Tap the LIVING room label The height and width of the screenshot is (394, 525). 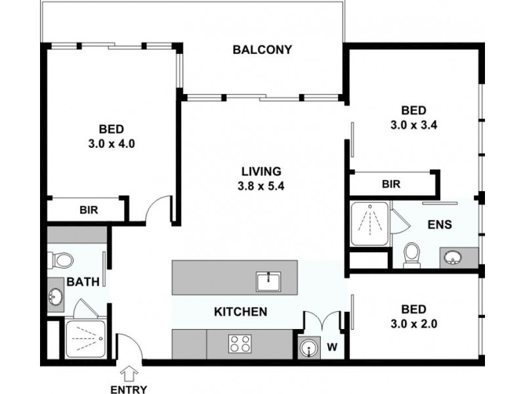[x=261, y=171]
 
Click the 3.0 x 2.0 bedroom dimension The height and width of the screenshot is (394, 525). [x=414, y=323]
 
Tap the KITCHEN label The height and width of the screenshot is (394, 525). [x=241, y=311]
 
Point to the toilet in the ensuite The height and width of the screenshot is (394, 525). [x=411, y=253]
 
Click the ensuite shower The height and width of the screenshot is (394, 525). [x=369, y=224]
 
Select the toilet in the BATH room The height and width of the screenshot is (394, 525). [x=62, y=260]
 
